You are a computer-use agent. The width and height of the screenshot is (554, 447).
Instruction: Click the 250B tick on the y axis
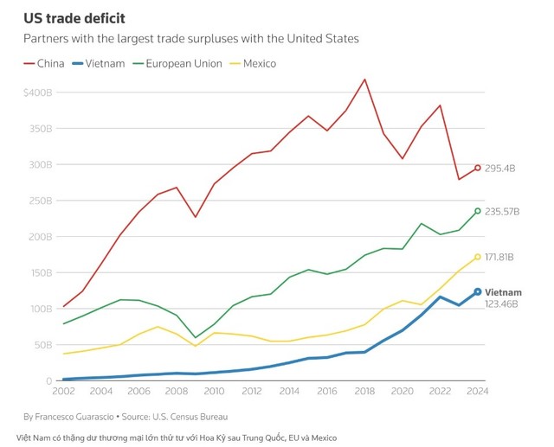pos(42,201)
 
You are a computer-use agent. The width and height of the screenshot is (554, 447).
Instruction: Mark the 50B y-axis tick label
pos(43,344)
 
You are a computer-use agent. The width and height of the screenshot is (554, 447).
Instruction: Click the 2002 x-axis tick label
pos(63,391)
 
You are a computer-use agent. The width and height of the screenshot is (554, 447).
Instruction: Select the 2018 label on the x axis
pos(364,391)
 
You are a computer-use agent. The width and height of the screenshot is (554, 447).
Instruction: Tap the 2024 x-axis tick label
pos(477,391)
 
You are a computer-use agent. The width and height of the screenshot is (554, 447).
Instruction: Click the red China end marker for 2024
pos(477,168)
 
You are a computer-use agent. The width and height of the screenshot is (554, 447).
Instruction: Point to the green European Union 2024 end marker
pos(477,211)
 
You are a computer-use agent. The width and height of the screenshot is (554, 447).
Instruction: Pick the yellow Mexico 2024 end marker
pos(477,257)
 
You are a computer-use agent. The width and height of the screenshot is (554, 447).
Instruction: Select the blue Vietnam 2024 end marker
pos(477,292)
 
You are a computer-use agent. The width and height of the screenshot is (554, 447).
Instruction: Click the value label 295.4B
pos(501,168)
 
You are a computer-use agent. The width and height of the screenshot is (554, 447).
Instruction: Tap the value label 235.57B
pos(504,211)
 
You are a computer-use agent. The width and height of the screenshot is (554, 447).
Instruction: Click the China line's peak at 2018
pos(364,80)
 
